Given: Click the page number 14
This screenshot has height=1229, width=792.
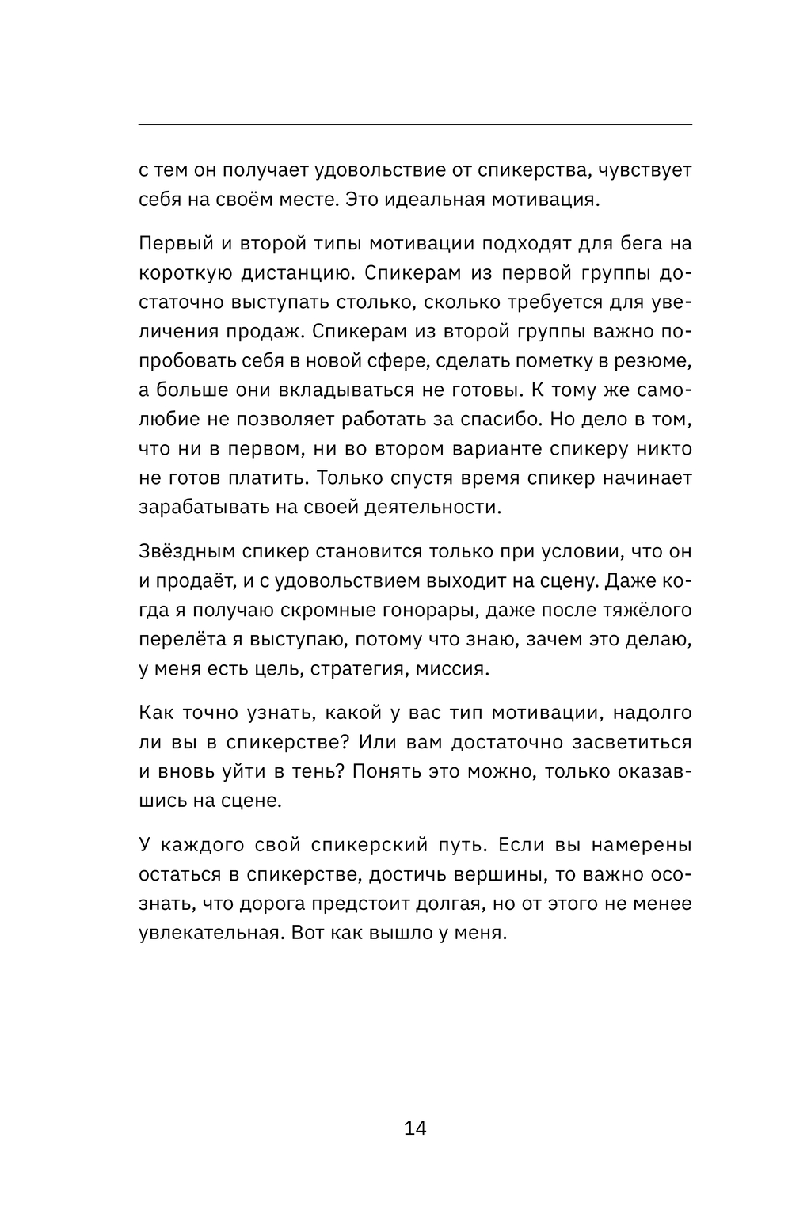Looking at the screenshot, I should (x=415, y=1128).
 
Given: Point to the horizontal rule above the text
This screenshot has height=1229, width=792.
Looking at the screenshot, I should (x=415, y=124).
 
